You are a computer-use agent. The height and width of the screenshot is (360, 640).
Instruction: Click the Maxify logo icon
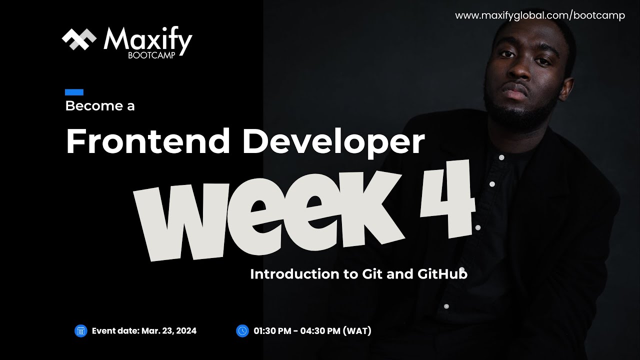coord(79,39)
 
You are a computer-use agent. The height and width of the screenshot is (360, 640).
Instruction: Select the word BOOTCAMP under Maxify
coord(151,55)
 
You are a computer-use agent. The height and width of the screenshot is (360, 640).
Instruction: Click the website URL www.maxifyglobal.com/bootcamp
coord(540,15)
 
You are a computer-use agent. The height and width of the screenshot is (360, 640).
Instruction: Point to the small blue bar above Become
coord(74,92)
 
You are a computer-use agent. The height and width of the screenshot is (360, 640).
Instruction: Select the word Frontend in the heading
coord(148,141)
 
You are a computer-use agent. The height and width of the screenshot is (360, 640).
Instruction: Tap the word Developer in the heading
coord(333,142)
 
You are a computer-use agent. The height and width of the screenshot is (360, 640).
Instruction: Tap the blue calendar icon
coord(80,330)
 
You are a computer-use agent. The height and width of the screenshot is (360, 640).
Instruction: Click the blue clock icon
coord(242,330)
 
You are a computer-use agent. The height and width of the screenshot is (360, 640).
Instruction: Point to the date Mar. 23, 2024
coord(169,330)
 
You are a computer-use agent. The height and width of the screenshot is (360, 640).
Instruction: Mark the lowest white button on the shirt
coord(447,306)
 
